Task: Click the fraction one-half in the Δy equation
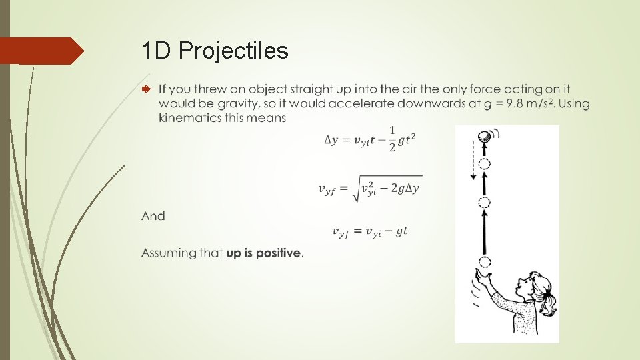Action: (x=392, y=139)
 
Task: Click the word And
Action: (x=153, y=216)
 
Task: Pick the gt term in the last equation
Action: (x=401, y=231)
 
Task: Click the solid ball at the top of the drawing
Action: (x=484, y=137)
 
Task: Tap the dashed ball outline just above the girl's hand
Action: (x=485, y=261)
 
